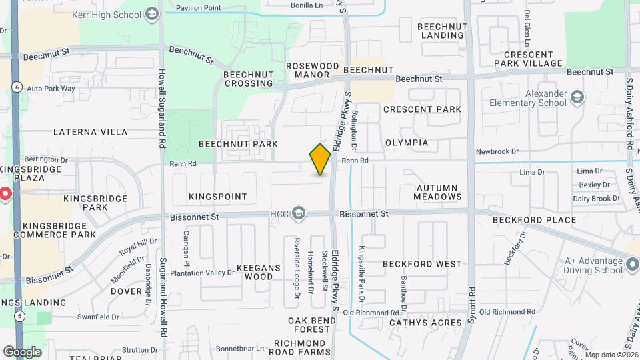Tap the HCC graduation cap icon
point(299,213)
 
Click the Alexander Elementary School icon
point(577,99)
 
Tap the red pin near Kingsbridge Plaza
point(4,195)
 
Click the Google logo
point(22,352)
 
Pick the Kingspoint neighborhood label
point(218,197)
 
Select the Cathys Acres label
point(425,323)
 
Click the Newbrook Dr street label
point(497,152)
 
